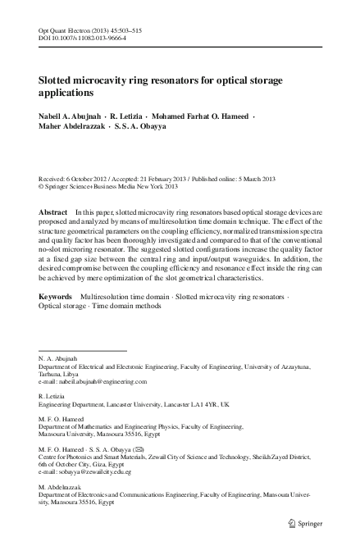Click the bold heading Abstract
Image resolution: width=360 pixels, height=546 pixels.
coord(53,212)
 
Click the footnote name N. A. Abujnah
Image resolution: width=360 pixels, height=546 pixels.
coord(58,359)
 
